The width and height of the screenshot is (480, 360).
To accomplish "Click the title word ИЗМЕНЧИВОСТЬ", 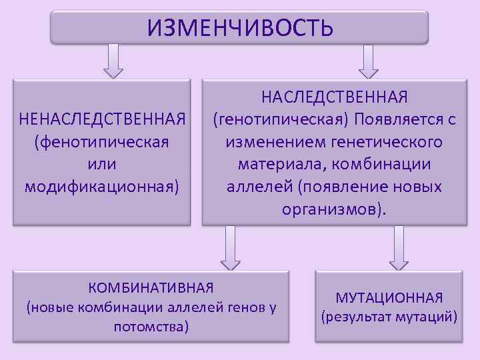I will [239, 27].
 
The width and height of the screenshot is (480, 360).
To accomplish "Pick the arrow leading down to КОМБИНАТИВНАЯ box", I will [230, 246].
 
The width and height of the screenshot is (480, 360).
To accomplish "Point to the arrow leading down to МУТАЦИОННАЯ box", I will [399, 246].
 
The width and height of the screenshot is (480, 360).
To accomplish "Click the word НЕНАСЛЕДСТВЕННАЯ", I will [102, 120].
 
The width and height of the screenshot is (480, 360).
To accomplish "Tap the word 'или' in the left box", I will [102, 163].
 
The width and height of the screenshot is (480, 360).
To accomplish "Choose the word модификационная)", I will [102, 185].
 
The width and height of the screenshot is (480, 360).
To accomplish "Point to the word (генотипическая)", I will [281, 121].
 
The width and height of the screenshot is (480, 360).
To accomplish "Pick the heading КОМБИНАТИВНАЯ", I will [151, 288].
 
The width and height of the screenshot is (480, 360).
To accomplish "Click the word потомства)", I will [151, 327].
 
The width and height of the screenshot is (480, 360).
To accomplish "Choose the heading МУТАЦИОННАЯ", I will [389, 298].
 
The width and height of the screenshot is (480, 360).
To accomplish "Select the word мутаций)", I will [426, 317].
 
